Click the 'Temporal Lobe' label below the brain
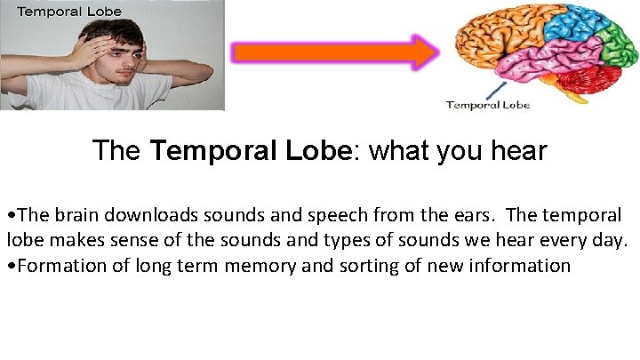[487, 105]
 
